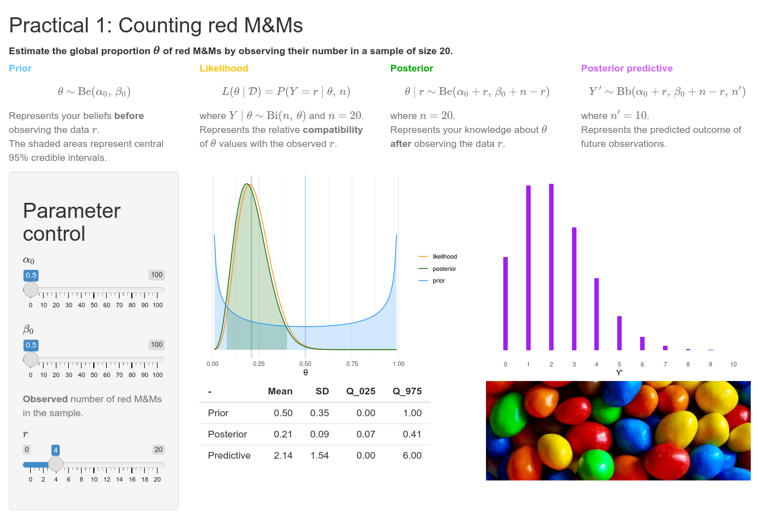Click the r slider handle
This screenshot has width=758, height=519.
pyautogui.click(x=56, y=464)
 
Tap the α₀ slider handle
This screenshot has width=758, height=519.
pyautogui.click(x=31, y=289)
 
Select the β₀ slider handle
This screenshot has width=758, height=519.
pyautogui.click(x=31, y=359)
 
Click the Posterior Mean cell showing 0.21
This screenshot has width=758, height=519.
pyautogui.click(x=283, y=434)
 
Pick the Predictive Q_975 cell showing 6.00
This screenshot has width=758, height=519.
pyautogui.click(x=412, y=455)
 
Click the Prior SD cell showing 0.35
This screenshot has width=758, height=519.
pyautogui.click(x=320, y=413)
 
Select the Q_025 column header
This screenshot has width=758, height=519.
pyautogui.click(x=361, y=391)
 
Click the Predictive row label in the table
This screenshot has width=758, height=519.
pyautogui.click(x=229, y=455)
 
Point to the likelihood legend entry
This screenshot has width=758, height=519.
pyautogui.click(x=444, y=256)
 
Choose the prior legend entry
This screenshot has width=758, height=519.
pyautogui.click(x=438, y=280)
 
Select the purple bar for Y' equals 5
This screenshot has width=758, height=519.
pyautogui.click(x=619, y=333)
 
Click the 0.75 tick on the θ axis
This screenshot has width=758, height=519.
pyautogui.click(x=352, y=364)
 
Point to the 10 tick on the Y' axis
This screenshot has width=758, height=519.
pyautogui.click(x=733, y=364)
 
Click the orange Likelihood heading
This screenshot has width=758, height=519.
pyautogui.click(x=224, y=68)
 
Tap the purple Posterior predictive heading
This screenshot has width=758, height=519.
pyautogui.click(x=627, y=68)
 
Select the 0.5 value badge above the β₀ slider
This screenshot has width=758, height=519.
pyautogui.click(x=31, y=345)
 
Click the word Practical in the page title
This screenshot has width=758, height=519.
pyautogui.click(x=49, y=25)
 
